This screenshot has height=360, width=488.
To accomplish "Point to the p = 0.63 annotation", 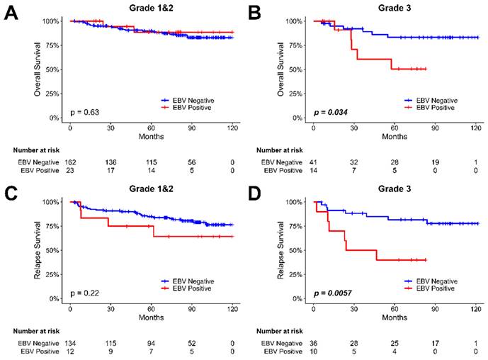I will (83, 113).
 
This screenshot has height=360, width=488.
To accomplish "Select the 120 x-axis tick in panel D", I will (477, 308).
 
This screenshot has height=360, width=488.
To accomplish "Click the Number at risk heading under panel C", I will (37, 330).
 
